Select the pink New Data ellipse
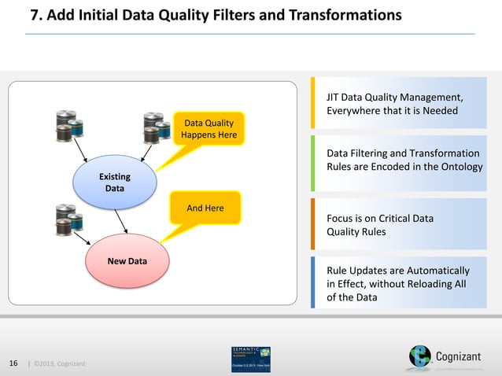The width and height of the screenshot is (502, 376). coord(127,263)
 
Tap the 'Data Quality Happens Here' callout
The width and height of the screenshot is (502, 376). coord(209,129)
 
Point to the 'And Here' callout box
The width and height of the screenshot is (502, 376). coord(205,208)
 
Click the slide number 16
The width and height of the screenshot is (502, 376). coord(13,363)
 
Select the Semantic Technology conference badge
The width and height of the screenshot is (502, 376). coord(251,359)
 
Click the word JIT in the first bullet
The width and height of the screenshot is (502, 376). coord(334,98)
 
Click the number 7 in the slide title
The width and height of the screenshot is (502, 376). coord(34,15)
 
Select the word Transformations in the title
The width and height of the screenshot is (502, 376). coord(346,15)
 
